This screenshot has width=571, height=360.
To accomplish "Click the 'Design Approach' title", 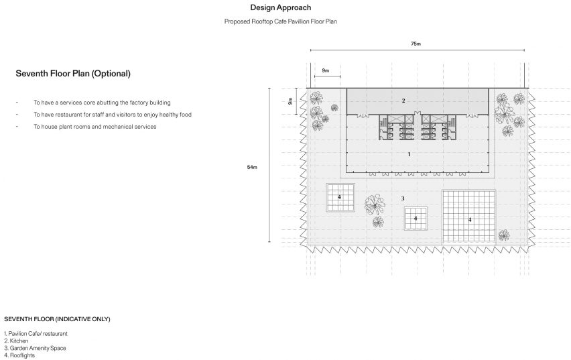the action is tap(280, 7).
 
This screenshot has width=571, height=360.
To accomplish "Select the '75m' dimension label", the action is tap(416, 44).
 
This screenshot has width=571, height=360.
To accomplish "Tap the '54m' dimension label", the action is tap(252, 167).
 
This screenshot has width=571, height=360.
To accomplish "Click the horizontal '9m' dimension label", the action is tap(326, 70).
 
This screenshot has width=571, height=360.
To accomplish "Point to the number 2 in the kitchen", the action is tap(403, 101).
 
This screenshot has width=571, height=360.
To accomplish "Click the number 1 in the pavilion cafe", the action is tap(409, 154).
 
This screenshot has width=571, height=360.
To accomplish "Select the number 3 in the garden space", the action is tap(403, 198).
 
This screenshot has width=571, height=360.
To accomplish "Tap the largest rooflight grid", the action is tap(469, 217).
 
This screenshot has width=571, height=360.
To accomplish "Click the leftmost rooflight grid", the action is tap(340, 198).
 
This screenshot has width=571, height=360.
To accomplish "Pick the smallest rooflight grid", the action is tap(416, 219).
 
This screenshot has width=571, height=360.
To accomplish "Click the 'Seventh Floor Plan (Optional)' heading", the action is tap(73, 74).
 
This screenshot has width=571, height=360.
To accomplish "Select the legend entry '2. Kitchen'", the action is tap(16, 341).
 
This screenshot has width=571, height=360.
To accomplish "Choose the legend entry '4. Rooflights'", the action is tap(19, 355).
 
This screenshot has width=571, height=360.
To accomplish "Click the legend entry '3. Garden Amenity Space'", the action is tap(35, 349).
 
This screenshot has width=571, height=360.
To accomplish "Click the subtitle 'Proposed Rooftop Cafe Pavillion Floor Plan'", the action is tap(280, 21).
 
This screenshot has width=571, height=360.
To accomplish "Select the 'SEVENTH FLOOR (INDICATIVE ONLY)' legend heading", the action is tap(57, 319).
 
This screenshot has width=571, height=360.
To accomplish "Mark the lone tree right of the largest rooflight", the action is tap(503, 235).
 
